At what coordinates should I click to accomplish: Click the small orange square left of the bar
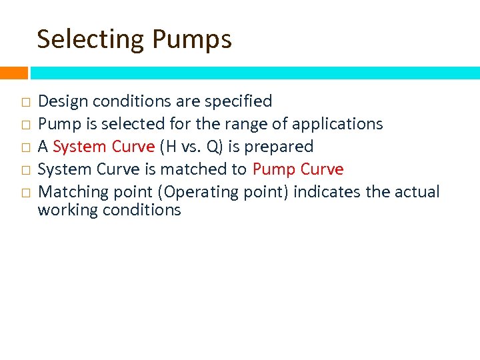point(13,72)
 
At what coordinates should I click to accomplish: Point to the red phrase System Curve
point(103,147)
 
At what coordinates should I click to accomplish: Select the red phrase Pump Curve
point(298,169)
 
